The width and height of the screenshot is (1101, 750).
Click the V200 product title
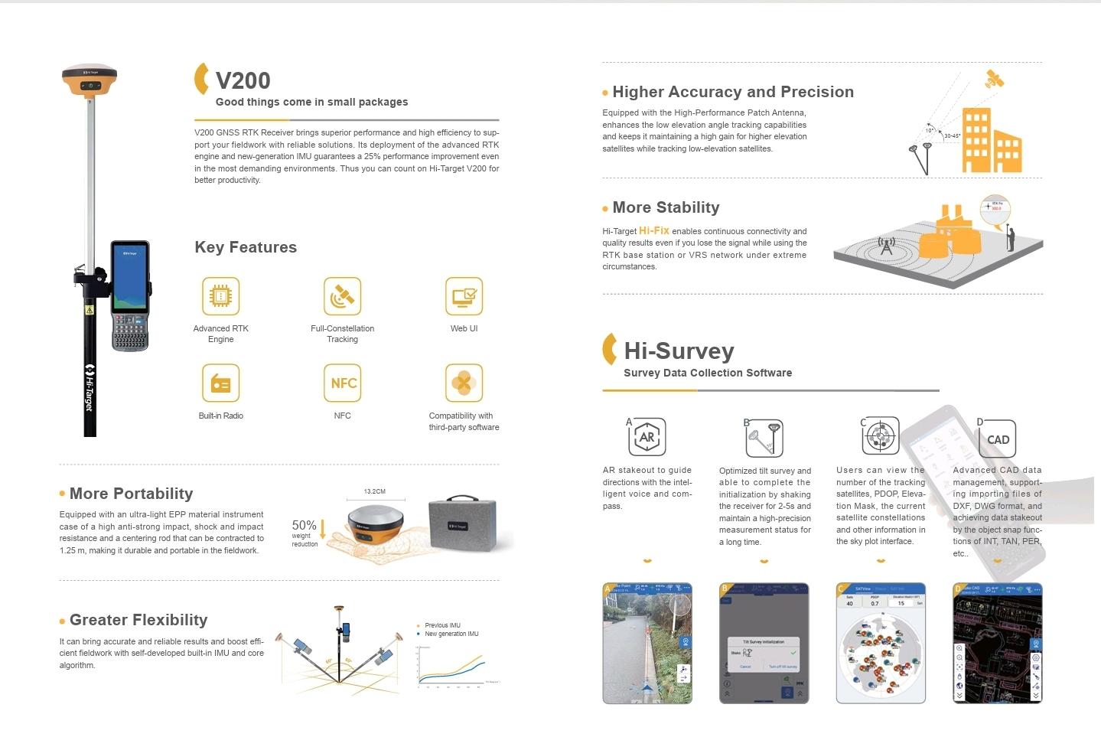[x=243, y=80]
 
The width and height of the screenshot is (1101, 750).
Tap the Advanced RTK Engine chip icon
[x=220, y=296]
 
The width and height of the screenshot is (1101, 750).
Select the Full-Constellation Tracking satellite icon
[x=342, y=296]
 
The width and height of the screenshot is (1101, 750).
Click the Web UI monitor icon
[x=464, y=296]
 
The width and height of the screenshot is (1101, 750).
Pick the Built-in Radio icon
[x=220, y=383]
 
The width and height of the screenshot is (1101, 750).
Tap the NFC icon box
[x=342, y=383]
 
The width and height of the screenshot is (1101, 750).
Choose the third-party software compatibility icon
[x=464, y=383]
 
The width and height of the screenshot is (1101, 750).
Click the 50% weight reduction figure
[x=305, y=526]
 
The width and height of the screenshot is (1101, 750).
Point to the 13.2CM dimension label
[x=374, y=491]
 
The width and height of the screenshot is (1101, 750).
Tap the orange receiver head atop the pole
[x=90, y=79]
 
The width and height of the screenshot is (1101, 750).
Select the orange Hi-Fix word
[x=654, y=230]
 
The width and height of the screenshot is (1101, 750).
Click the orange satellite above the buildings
[x=995, y=79]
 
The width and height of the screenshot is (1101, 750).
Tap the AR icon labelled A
[x=647, y=437]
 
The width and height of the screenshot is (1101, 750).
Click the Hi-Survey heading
[x=679, y=351]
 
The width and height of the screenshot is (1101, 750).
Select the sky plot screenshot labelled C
[x=881, y=643]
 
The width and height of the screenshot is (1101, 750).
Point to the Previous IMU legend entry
[x=442, y=625]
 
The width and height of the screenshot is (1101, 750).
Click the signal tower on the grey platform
[x=886, y=246]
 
